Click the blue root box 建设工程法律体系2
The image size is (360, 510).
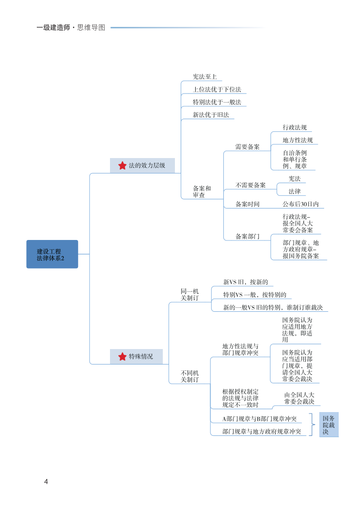tap(52, 254)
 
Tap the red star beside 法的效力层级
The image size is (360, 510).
tap(122, 165)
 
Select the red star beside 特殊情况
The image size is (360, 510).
tap(122, 357)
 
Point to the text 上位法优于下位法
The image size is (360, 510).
tap(217, 90)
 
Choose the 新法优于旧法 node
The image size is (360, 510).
tap(210, 115)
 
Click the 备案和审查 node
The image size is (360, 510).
tap(202, 191)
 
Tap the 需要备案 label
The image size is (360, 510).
tap(247, 147)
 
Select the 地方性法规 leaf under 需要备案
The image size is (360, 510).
tap(297, 140)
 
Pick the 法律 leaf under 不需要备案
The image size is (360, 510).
tap(294, 191)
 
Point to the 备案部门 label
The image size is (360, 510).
tap(247, 237)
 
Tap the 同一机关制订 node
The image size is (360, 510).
tap(189, 294)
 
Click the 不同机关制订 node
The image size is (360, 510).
tap(189, 376)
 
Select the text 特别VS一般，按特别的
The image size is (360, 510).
tap(254, 295)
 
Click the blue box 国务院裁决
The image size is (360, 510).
tap(329, 425)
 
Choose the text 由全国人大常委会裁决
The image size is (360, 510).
tap(299, 398)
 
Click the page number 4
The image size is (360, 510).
tap(46, 481)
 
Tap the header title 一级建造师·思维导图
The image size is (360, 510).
tap(71, 28)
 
